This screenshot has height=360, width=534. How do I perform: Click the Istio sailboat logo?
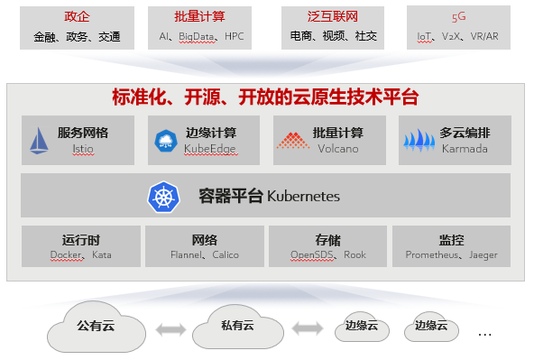(39, 141)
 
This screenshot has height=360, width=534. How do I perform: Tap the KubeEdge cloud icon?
(166, 140)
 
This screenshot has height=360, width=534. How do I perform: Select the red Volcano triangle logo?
(292, 141)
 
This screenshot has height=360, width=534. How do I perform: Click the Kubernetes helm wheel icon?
(161, 196)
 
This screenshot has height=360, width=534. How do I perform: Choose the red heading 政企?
(78, 17)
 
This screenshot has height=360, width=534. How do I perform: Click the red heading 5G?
(459, 17)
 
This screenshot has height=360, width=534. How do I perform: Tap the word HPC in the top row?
(235, 37)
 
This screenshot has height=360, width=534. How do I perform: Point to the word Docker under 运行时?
(65, 255)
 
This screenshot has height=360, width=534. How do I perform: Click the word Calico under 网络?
(226, 255)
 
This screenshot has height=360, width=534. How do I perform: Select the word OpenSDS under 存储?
(312, 255)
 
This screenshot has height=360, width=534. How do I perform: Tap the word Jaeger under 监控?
(483, 255)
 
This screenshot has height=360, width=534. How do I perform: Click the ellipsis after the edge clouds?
(484, 334)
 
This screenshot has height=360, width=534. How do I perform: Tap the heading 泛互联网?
(327, 17)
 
